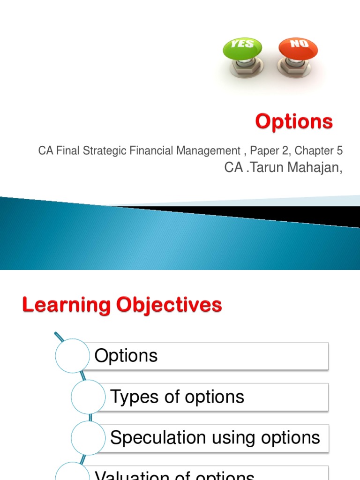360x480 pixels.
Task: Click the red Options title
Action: (x=294, y=122)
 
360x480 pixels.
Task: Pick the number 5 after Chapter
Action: (x=339, y=151)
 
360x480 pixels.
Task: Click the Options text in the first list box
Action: (x=126, y=356)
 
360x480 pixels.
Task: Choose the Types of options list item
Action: (x=177, y=397)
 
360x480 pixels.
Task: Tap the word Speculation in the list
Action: (x=157, y=438)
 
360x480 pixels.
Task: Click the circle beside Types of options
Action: (x=89, y=397)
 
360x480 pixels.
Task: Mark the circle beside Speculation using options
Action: (x=89, y=437)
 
